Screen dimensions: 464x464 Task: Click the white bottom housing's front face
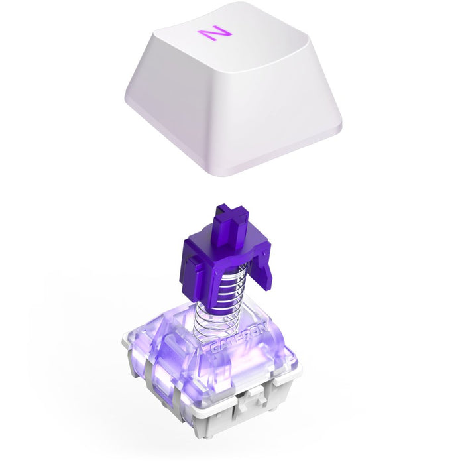[x=219, y=411]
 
